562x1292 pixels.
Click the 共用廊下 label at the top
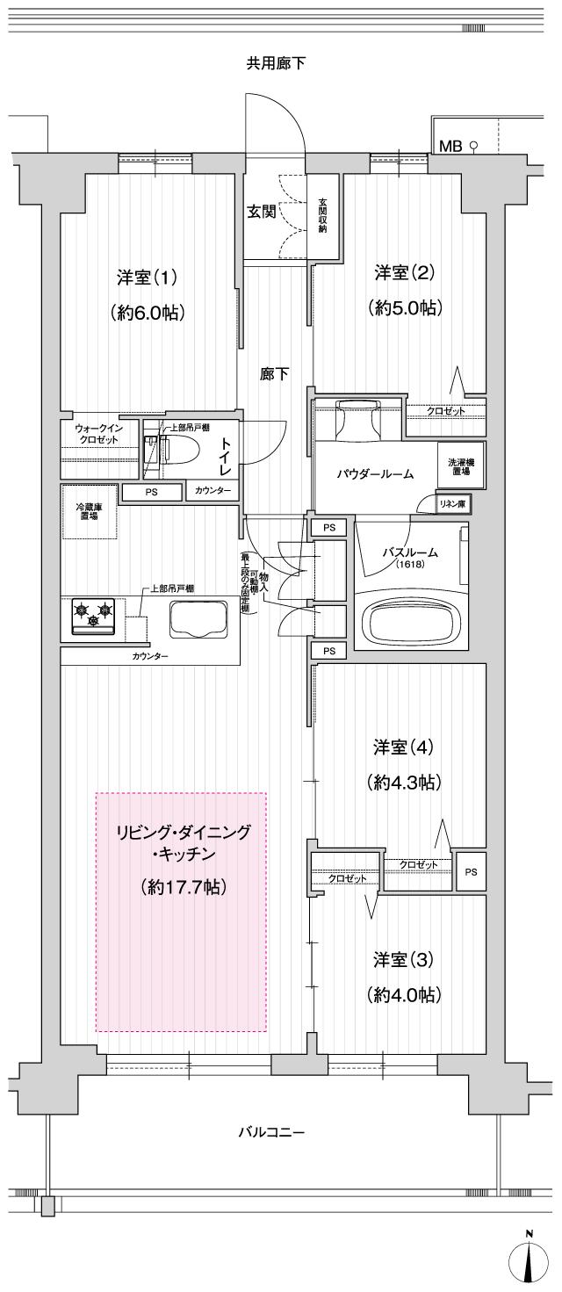276,63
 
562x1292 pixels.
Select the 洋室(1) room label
148,277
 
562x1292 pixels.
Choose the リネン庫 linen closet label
455,504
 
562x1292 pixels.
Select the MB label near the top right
450,146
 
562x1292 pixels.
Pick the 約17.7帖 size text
184,888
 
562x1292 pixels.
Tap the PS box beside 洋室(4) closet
472,872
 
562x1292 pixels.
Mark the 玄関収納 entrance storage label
321,215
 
